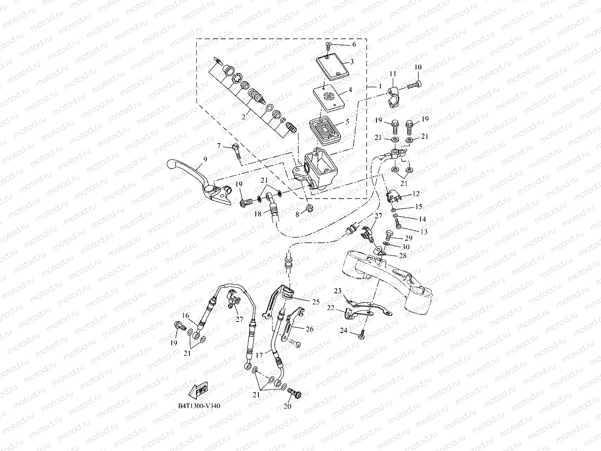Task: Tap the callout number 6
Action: tap(354, 44)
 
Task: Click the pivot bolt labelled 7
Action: tap(236, 152)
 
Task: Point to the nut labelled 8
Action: tap(309, 207)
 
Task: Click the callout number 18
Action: tap(258, 214)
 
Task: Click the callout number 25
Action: tap(316, 302)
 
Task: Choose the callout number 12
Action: tap(416, 193)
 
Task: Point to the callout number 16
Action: tap(186, 315)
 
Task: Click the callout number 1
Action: tap(379, 87)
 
